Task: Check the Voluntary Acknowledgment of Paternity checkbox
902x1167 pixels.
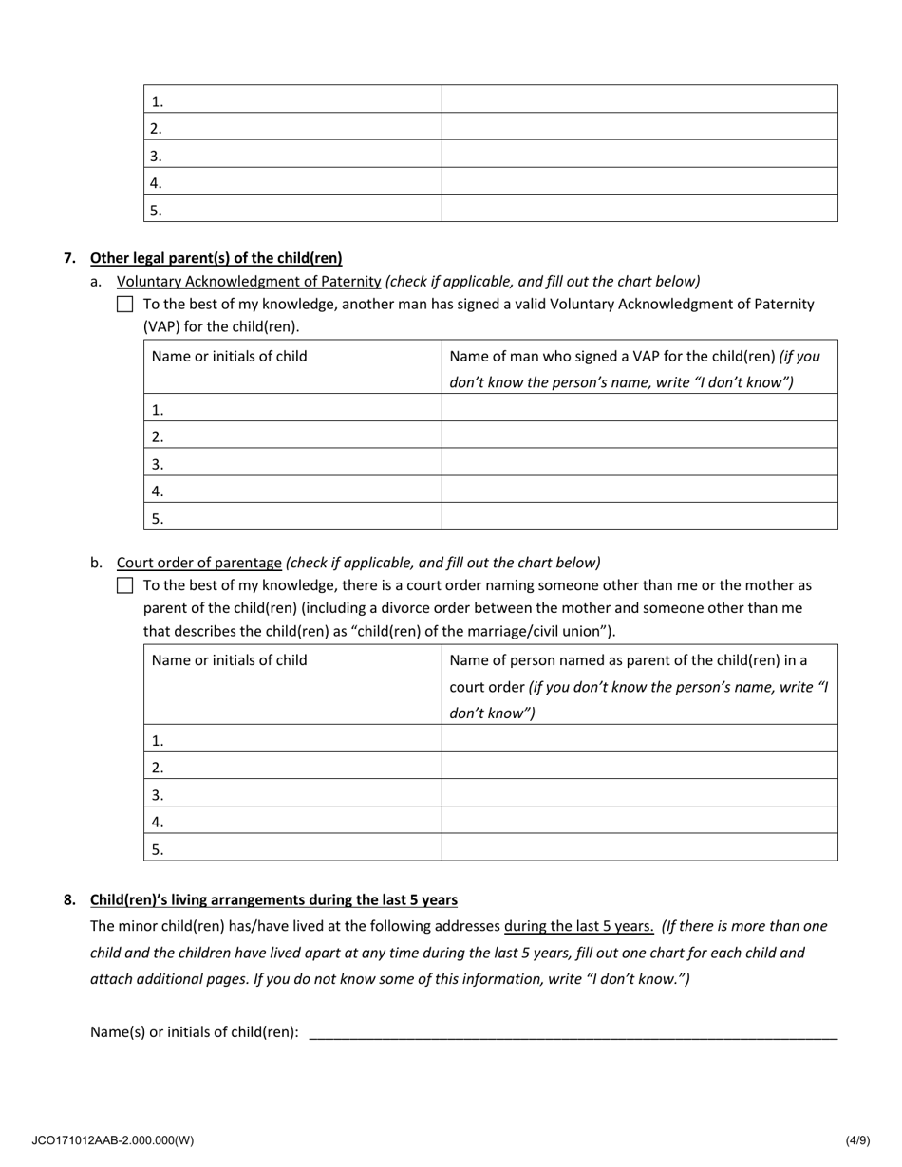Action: click(x=125, y=305)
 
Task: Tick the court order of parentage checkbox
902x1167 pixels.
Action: click(x=125, y=585)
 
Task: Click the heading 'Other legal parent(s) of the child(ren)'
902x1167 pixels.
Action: click(x=216, y=258)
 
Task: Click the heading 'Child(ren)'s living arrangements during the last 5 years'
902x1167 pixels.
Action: click(x=273, y=899)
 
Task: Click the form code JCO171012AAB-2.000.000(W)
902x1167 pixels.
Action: click(x=112, y=1140)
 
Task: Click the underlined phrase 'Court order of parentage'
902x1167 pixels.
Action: click(x=198, y=562)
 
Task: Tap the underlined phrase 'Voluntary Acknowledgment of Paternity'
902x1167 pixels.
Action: click(x=249, y=281)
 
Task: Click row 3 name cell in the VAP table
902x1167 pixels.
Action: click(x=292, y=464)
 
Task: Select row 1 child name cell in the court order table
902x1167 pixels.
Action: click(x=292, y=740)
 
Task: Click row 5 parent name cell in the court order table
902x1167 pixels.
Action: click(x=639, y=848)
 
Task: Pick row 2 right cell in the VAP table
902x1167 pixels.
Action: click(x=639, y=436)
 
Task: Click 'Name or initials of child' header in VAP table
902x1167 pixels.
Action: click(x=230, y=357)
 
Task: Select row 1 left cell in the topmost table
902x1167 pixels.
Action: click(x=292, y=101)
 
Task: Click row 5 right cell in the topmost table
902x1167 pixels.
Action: click(x=639, y=210)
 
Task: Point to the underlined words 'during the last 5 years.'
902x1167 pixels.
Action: click(x=578, y=926)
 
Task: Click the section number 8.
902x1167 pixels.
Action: click(x=69, y=899)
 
